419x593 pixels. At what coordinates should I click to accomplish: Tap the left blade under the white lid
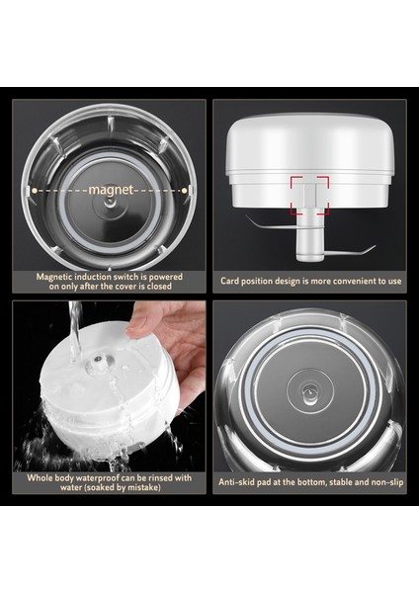[258, 224]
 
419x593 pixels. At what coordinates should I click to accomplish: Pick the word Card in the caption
[233, 281]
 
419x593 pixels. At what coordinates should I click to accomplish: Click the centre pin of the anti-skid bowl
[309, 394]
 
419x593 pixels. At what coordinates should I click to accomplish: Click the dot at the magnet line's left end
[36, 188]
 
